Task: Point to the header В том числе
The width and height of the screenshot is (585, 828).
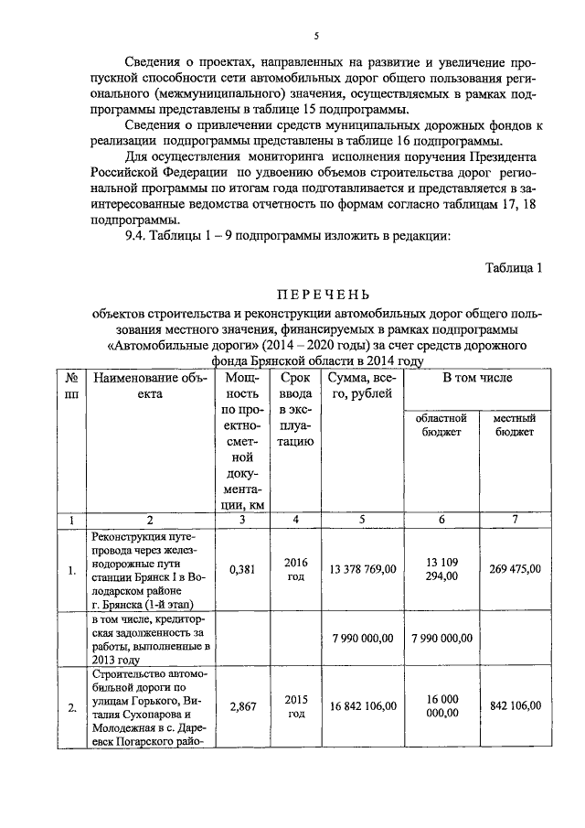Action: pyautogui.click(x=477, y=377)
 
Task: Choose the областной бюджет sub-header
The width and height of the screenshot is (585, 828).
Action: pyautogui.click(x=441, y=425)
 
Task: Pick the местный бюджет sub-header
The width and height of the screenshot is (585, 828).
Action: pyautogui.click(x=515, y=425)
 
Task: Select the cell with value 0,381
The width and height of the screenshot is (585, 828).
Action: pyautogui.click(x=241, y=569)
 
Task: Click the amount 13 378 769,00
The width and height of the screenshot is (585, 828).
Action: pyautogui.click(x=363, y=569)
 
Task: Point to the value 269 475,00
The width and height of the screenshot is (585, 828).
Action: pyautogui.click(x=515, y=569)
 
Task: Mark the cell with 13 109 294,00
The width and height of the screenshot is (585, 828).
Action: pyautogui.click(x=441, y=569)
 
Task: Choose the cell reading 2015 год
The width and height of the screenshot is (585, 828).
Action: pyautogui.click(x=296, y=706)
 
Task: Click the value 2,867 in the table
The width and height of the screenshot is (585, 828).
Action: pyautogui.click(x=241, y=706)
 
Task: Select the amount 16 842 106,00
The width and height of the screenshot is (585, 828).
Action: pyautogui.click(x=363, y=706)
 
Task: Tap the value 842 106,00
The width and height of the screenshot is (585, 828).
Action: pyautogui.click(x=515, y=706)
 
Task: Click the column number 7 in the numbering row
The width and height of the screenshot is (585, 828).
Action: pyautogui.click(x=515, y=520)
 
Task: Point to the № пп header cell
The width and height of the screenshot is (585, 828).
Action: pyautogui.click(x=70, y=384)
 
